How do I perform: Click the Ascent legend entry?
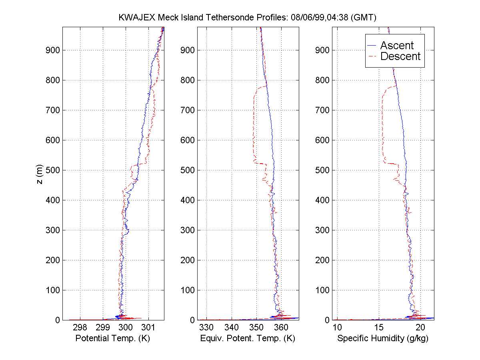click(397, 45)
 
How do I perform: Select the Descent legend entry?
click(400, 56)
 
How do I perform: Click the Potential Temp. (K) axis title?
click(113, 338)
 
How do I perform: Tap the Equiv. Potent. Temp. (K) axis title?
click(248, 338)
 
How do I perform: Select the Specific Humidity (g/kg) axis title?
click(383, 338)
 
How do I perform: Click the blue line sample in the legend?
click(372, 45)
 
